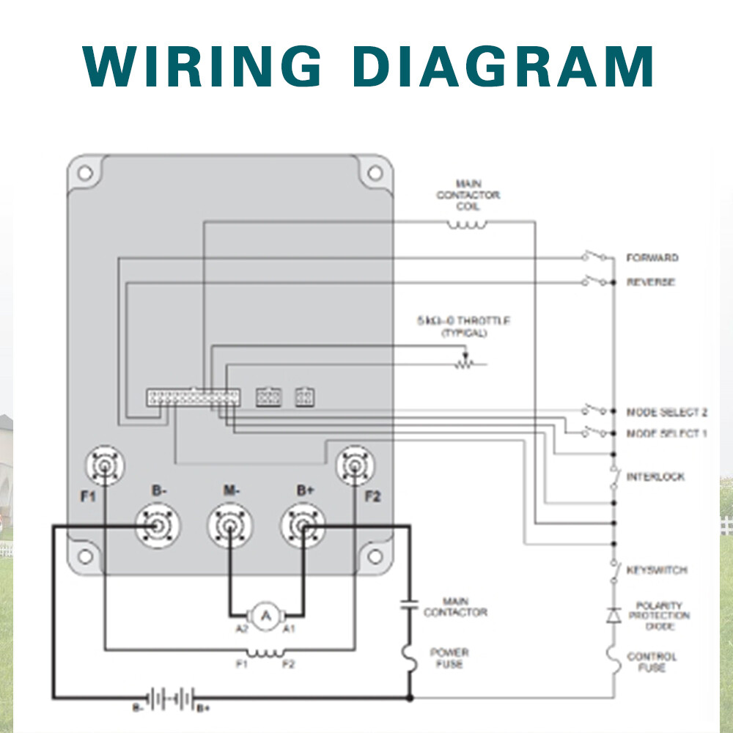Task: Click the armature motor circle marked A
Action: point(267,616)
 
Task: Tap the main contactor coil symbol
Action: point(467,225)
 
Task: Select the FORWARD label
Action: point(652,258)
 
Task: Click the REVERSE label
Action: point(650,282)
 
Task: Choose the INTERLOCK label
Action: point(655,477)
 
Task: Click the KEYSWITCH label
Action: point(656,570)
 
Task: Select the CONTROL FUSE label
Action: point(652,662)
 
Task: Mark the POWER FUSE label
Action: point(449,658)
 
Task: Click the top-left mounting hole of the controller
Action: point(85,173)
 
